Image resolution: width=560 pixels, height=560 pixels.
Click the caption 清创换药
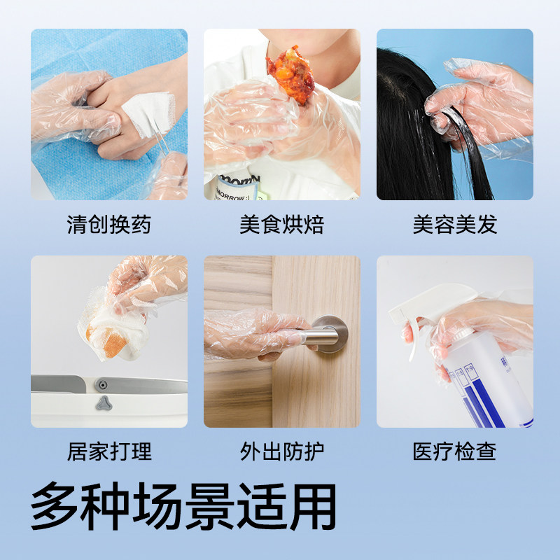click(108, 225)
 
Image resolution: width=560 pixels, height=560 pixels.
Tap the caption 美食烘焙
click(281, 225)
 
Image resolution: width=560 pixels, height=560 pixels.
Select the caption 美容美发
click(454, 225)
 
